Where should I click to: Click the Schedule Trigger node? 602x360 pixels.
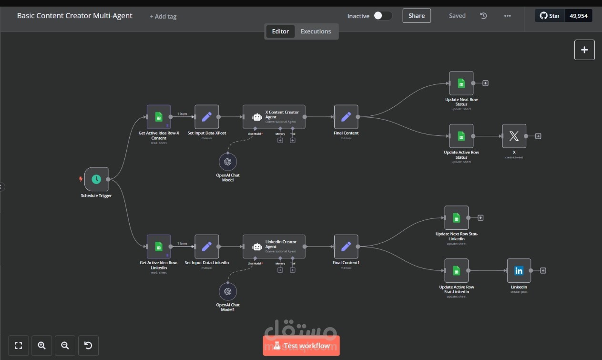tap(96, 179)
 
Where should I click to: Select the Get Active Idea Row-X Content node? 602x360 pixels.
tap(159, 117)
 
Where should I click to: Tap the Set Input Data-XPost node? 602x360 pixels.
tap(207, 117)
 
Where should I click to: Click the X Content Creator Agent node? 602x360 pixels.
tap(274, 117)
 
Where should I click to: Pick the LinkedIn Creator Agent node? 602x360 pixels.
tap(274, 247)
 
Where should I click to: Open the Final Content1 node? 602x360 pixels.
tap(346, 247)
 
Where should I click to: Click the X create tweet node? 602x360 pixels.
tap(514, 136)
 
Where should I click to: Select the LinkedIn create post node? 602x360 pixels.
tap(519, 271)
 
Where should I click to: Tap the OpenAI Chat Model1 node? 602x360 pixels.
tap(228, 291)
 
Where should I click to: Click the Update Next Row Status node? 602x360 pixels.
tap(461, 83)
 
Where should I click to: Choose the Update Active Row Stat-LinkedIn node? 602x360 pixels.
tap(456, 271)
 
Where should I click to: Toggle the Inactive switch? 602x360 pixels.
tap(383, 16)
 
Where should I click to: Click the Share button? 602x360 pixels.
tap(417, 16)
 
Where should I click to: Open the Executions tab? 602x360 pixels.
tap(316, 31)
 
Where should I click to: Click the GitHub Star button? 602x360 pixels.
tap(550, 16)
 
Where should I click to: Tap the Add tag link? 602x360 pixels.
tap(163, 16)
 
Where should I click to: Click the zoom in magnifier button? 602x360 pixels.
tap(41, 346)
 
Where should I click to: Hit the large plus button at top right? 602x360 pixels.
tap(584, 50)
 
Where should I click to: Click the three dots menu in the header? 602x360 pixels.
tap(507, 16)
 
